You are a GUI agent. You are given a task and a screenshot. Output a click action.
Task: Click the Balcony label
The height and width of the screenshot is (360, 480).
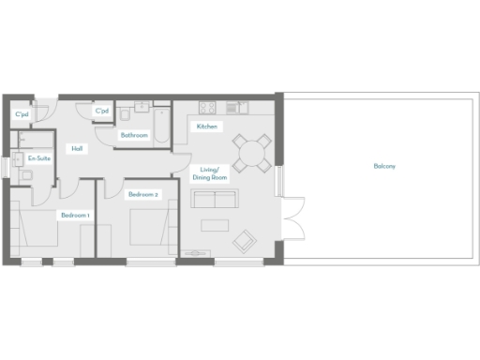pos(384,166)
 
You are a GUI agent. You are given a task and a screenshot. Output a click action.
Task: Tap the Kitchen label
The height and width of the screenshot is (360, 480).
pos(206,126)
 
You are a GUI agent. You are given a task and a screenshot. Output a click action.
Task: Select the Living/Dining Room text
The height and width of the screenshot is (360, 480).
pos(210,172)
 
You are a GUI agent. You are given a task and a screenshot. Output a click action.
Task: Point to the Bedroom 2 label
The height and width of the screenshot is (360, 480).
pos(144,194)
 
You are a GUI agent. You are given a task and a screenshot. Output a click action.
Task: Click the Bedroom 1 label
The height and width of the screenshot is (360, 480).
pos(75,215)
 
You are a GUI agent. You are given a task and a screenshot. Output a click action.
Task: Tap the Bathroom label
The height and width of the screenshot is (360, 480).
pos(134,135)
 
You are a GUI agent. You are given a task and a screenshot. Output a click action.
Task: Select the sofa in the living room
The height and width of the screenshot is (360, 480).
pos(215,198)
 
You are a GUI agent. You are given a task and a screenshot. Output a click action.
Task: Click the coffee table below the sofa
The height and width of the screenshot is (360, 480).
pos(214,225)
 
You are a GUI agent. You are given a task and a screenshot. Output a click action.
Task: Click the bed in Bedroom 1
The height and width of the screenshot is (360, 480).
pos(37,230)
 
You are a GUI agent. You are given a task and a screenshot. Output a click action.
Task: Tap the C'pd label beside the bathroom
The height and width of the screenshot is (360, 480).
pos(101,111)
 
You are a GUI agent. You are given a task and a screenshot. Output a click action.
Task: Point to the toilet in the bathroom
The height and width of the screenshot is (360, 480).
pos(125,114)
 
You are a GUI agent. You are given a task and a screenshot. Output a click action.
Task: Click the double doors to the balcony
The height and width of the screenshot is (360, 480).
pos(291,219)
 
